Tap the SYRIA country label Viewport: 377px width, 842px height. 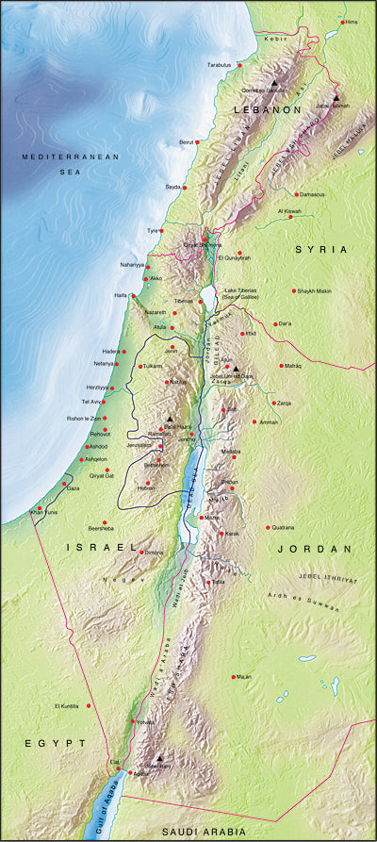coord(321,249)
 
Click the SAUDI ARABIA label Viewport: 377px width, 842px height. coord(205,831)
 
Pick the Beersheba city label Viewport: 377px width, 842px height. coord(101,528)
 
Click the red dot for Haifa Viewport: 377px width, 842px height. coord(132,295)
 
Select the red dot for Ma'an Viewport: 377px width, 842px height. coord(233,677)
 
